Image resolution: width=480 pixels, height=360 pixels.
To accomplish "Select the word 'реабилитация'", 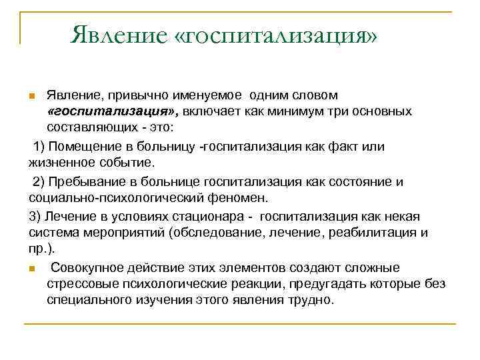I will [x=377, y=233].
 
